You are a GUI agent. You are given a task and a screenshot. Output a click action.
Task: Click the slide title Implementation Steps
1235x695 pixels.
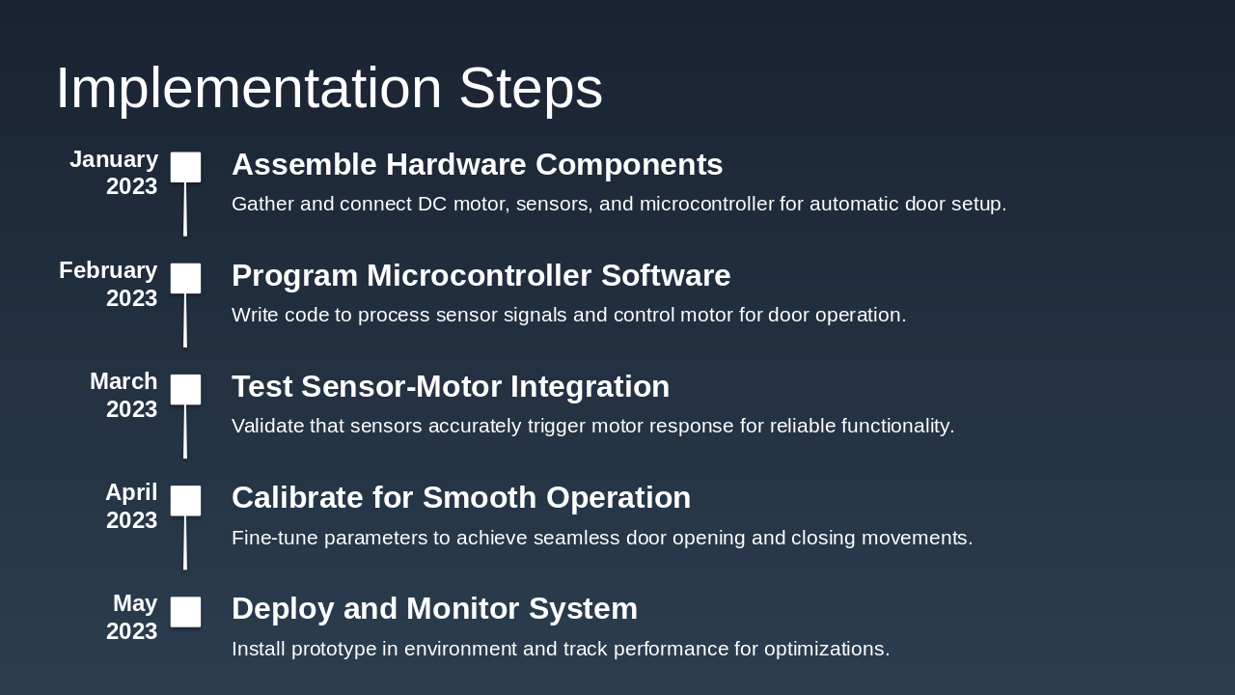[x=329, y=88]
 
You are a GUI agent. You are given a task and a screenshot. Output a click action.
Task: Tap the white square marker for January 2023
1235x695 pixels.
[x=186, y=167]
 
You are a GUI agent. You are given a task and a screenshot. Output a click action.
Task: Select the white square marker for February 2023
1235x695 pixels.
[x=186, y=278]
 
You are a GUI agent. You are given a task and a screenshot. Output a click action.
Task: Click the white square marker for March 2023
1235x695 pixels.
[x=186, y=389]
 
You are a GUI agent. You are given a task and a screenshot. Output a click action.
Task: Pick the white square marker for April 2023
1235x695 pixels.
[x=186, y=500]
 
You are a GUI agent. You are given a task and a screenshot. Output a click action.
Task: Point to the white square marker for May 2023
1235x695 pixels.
[x=186, y=611]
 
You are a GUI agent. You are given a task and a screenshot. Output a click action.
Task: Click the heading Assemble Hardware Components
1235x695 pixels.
[x=477, y=165]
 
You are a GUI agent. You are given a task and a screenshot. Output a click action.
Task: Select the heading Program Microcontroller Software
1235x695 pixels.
[x=480, y=276]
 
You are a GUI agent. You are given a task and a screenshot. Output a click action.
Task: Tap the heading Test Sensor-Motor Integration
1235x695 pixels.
[x=450, y=387]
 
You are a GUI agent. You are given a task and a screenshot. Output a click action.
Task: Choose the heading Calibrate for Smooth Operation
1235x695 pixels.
[x=461, y=498]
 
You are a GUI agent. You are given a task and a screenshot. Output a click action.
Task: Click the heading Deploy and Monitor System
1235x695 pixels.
[x=434, y=609]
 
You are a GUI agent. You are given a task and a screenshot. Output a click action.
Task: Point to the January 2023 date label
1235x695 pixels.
[x=114, y=173]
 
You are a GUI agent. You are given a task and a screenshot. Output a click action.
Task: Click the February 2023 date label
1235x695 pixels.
[x=108, y=284]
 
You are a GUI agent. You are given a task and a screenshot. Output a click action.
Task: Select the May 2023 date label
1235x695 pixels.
[x=132, y=617]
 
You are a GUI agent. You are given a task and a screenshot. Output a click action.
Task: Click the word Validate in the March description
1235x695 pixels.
[x=267, y=426]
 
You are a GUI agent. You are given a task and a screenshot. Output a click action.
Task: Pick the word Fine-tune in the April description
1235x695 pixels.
[x=274, y=538]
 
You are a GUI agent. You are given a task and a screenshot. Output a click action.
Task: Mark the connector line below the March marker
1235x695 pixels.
[x=185, y=431]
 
